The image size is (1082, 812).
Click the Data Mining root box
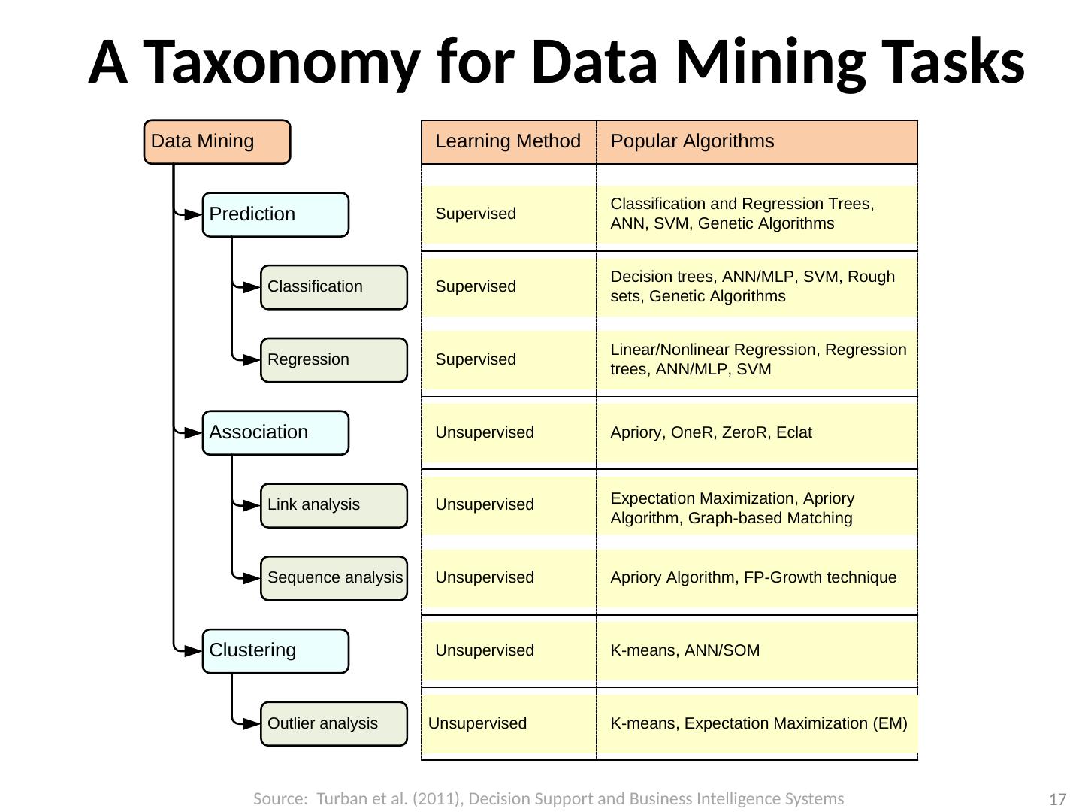[x=217, y=141]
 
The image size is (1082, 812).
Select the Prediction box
[x=276, y=214]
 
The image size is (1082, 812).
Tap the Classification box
[x=334, y=287]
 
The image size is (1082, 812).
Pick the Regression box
[x=334, y=360]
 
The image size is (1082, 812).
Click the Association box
[x=276, y=432]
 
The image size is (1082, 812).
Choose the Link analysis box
[x=334, y=505]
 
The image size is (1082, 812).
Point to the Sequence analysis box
[x=334, y=578]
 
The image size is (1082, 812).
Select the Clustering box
[x=276, y=650]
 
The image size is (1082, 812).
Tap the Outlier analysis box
[x=334, y=723]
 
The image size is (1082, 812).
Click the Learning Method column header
[x=508, y=141]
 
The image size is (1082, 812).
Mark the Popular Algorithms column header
[x=692, y=141]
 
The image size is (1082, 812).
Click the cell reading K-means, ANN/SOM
[x=685, y=650]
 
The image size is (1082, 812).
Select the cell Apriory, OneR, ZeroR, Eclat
[x=711, y=432]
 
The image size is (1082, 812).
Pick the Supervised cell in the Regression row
[x=476, y=359]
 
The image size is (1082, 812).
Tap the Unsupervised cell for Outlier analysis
[x=477, y=723]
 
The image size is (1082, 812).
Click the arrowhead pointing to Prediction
[x=192, y=214]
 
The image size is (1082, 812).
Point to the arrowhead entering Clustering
[x=192, y=650]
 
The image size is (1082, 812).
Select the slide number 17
[x=1058, y=800]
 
